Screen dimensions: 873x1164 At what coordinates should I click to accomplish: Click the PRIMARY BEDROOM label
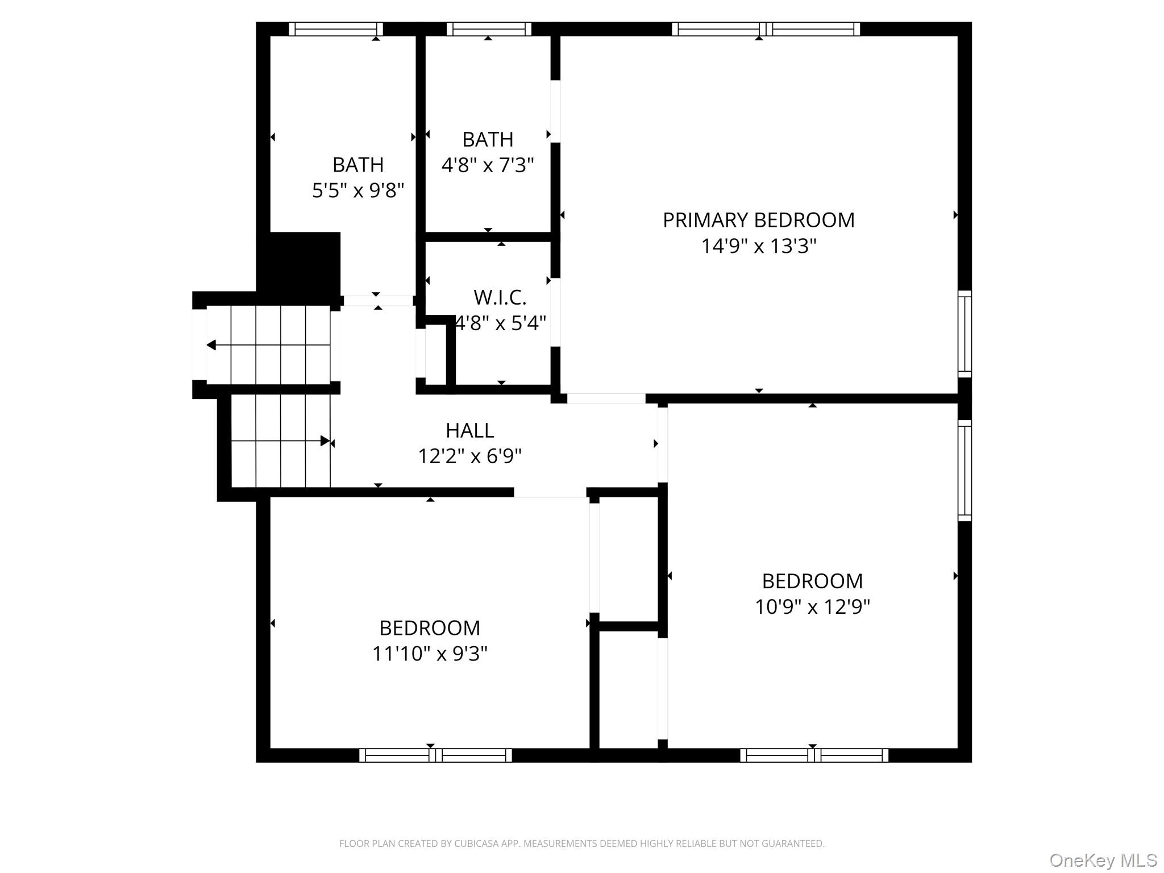click(x=758, y=220)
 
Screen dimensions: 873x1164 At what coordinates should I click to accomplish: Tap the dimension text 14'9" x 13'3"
click(x=758, y=246)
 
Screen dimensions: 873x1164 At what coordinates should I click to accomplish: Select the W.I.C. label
click(x=500, y=297)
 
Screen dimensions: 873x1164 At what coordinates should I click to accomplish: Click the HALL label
click(x=469, y=430)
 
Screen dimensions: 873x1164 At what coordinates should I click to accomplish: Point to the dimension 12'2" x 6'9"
click(x=469, y=456)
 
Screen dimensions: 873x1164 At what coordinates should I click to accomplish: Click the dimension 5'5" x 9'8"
click(x=358, y=190)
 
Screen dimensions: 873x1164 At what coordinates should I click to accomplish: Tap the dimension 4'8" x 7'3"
click(x=488, y=165)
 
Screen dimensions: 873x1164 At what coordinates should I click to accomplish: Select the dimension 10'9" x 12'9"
click(x=812, y=607)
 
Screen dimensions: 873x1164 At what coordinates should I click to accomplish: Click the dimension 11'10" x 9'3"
click(x=430, y=654)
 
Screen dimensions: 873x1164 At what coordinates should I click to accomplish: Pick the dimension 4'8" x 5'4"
click(x=501, y=323)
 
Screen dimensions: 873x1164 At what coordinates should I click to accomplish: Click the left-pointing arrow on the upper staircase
click(x=211, y=345)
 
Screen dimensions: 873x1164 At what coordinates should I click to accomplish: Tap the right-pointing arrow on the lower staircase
click(x=325, y=440)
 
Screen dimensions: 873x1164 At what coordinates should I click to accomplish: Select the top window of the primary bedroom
click(x=766, y=29)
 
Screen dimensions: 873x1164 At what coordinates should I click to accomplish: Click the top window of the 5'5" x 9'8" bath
click(x=335, y=29)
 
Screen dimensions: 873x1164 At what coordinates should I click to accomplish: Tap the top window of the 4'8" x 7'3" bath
click(x=488, y=29)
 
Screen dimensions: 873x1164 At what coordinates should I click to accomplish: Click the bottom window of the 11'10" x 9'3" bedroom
click(x=435, y=755)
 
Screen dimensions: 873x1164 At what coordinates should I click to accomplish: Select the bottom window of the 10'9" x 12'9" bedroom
click(x=814, y=755)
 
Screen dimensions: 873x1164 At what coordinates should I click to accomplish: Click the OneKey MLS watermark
click(x=1103, y=860)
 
